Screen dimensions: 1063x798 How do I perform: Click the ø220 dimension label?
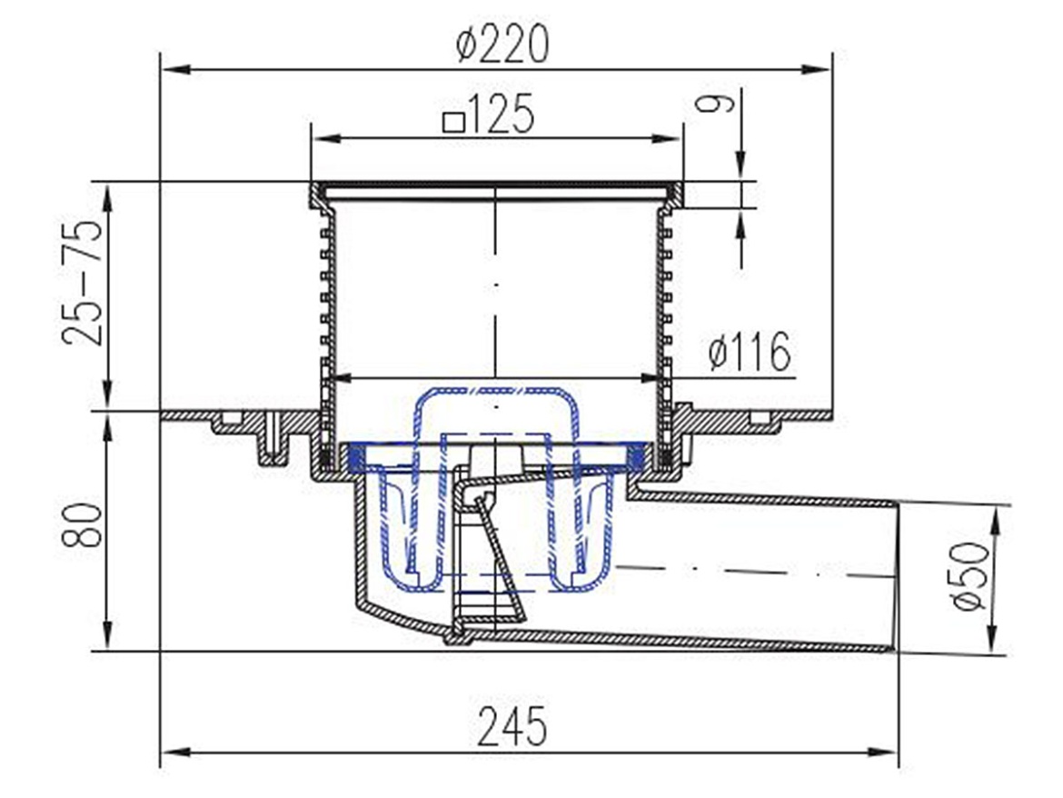click(x=502, y=45)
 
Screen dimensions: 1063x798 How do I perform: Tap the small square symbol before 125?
click(x=452, y=122)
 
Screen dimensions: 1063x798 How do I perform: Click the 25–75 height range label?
click(x=82, y=282)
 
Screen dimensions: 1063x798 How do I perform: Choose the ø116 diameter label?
click(x=750, y=351)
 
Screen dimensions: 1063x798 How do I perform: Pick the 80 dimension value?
click(x=82, y=524)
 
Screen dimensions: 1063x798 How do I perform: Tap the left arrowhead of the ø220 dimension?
click(x=175, y=69)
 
